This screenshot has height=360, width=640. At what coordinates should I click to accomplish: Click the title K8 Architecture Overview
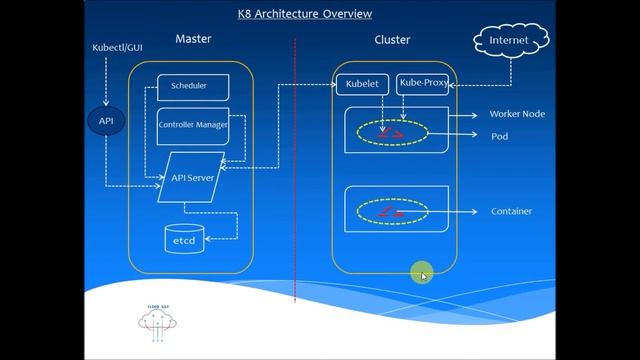point(305,14)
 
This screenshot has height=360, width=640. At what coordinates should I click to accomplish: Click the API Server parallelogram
point(193,177)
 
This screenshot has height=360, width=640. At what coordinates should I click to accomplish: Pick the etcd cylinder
point(184,240)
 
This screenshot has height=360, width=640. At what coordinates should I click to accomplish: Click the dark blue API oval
point(106,121)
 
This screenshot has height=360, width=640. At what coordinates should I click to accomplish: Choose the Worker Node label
point(516,114)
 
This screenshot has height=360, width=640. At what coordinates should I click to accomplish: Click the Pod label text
point(499,136)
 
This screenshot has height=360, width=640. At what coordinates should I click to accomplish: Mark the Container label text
point(511,212)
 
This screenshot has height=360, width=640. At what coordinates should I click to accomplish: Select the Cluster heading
point(391,39)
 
